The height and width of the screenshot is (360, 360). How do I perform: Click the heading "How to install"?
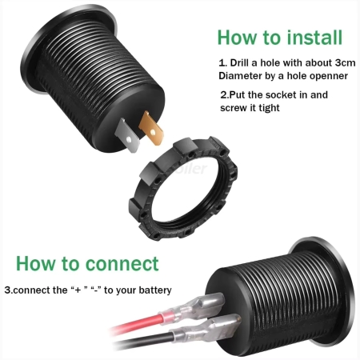tap(280, 38)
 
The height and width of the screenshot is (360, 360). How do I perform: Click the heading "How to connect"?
tap(87, 263)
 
